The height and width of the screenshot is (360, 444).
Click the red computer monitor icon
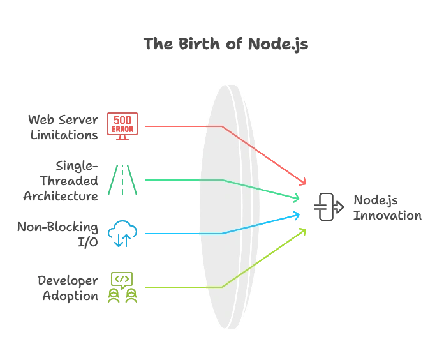tap(122, 126)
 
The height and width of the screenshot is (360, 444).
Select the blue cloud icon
tap(122, 233)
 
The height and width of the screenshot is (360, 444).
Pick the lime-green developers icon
tap(122, 288)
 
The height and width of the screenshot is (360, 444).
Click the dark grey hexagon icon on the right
tap(326, 207)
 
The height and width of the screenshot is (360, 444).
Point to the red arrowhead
tap(302, 183)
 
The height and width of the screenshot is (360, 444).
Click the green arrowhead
tap(296, 198)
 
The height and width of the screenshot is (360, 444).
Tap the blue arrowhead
tap(296, 216)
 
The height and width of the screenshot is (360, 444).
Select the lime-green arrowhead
tap(302, 232)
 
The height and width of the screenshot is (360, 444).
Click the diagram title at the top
tap(226, 45)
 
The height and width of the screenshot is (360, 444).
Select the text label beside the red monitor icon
tap(64, 127)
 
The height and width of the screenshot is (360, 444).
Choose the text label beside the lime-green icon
tap(70, 288)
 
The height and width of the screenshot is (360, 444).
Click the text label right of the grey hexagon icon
tap(387, 208)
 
